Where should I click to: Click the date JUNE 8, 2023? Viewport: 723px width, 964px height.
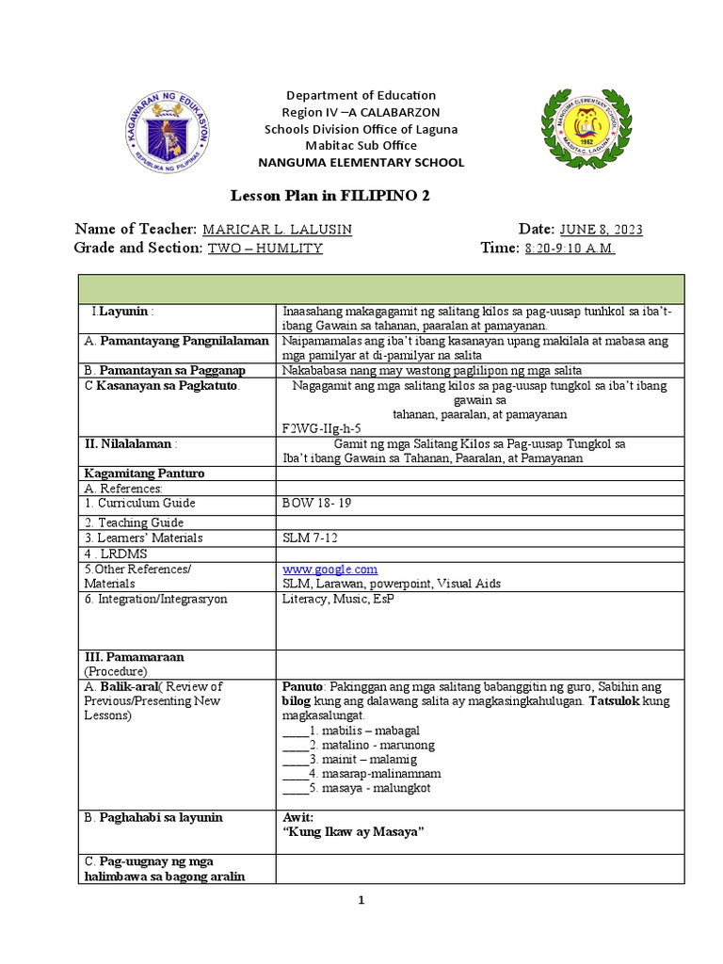click(x=602, y=231)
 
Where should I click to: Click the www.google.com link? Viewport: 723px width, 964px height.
click(x=329, y=569)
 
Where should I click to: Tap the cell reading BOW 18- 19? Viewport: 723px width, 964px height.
click(x=315, y=504)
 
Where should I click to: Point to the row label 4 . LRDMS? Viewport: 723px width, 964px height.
click(x=117, y=554)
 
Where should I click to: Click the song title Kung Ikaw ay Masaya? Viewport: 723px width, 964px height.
click(x=348, y=834)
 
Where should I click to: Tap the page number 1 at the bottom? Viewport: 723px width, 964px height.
click(x=361, y=900)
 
